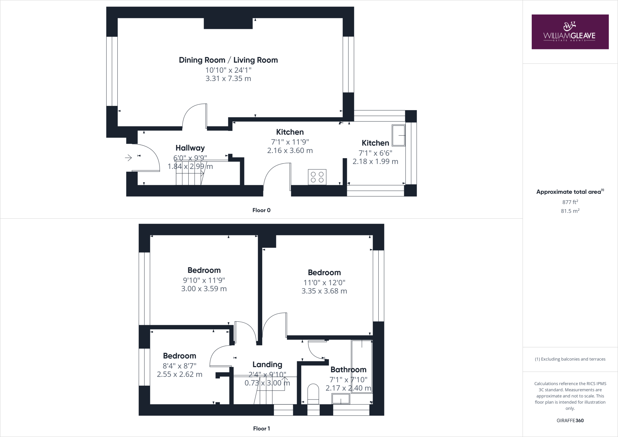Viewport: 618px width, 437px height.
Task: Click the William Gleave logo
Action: pyautogui.click(x=570, y=32)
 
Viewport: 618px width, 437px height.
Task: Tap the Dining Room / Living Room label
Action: pyautogui.click(x=228, y=60)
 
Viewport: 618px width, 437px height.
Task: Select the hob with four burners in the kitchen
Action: pyautogui.click(x=317, y=177)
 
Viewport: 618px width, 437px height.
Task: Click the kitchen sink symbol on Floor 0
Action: pyautogui.click(x=398, y=135)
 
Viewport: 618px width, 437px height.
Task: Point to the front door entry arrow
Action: pyautogui.click(x=129, y=158)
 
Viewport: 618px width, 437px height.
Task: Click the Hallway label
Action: pyautogui.click(x=190, y=148)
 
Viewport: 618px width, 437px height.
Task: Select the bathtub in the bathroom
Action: pyautogui.click(x=362, y=366)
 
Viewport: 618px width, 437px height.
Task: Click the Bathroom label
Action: pyautogui.click(x=348, y=370)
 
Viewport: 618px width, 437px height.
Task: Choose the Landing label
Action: pyautogui.click(x=267, y=365)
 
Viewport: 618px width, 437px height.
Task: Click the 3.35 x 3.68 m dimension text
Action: pyautogui.click(x=324, y=291)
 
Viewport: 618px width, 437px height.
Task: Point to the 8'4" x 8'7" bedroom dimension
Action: pyautogui.click(x=180, y=366)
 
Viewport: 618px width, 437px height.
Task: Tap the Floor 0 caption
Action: pyautogui.click(x=261, y=210)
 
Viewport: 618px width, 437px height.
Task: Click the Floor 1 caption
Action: pyautogui.click(x=261, y=429)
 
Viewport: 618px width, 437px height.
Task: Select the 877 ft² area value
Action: pyautogui.click(x=570, y=202)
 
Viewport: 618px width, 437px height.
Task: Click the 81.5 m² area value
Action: pyautogui.click(x=570, y=211)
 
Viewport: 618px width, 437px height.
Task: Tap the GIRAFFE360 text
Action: pyautogui.click(x=570, y=420)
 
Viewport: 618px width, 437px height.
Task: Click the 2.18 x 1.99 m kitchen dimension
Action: pyautogui.click(x=375, y=161)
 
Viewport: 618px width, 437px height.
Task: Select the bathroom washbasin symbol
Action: pyautogui.click(x=341, y=399)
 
